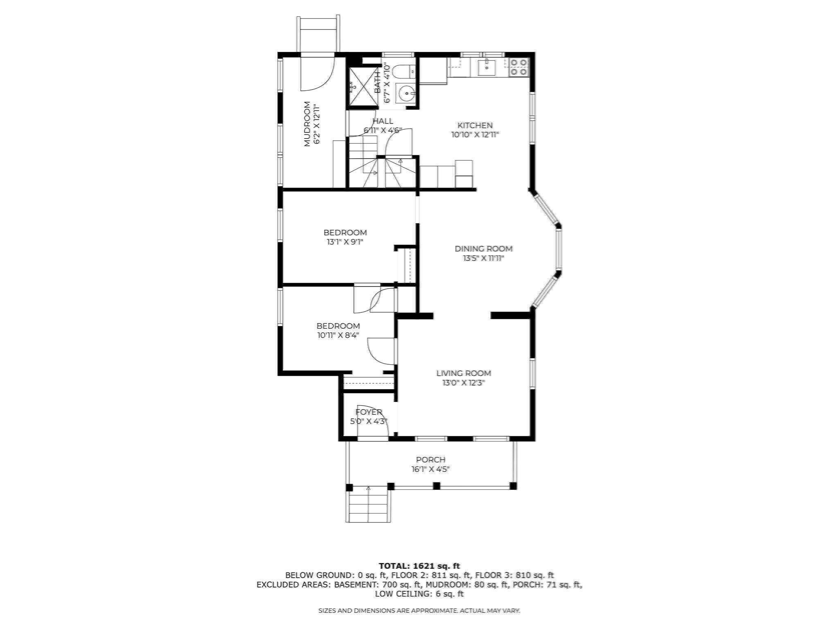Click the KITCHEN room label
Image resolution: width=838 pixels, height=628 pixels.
[475, 126]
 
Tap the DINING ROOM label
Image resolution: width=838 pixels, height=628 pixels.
[483, 249]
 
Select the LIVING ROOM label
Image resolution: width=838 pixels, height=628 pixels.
[463, 373]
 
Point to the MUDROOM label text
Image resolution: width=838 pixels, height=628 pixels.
[307, 124]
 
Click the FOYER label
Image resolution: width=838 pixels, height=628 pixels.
[369, 412]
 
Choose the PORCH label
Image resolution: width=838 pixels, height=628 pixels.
[430, 460]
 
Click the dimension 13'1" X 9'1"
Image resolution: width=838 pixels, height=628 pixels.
[345, 242]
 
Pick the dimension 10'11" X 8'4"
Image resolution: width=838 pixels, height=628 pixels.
[338, 336]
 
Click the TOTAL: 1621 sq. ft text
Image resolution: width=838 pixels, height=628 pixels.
[419, 566]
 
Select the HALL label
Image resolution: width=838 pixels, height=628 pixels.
[383, 121]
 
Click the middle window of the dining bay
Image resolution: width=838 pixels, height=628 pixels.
[559, 249]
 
